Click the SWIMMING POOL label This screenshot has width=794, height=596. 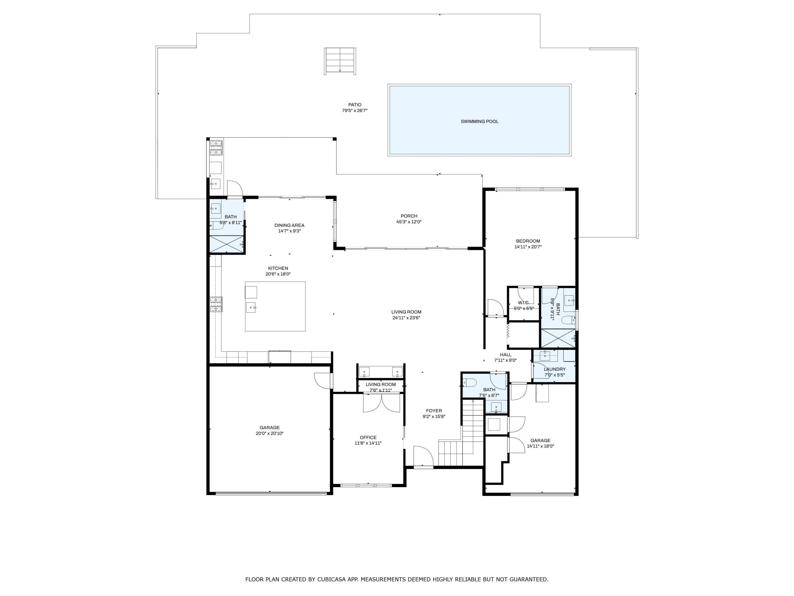coord(479,121)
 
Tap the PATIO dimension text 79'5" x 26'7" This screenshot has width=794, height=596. coord(354,111)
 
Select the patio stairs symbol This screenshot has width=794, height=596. coord(340,61)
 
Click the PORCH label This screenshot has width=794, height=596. coord(409,216)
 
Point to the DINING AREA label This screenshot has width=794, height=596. coord(289,225)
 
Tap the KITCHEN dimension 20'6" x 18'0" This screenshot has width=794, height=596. coord(278,274)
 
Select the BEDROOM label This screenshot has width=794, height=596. coord(528,241)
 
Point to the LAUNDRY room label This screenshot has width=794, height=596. coord(554,369)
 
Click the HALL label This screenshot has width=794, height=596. coord(506,355)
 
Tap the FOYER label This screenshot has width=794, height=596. coord(434,411)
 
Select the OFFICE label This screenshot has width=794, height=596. coord(368,437)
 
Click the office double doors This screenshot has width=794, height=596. coord(381,403)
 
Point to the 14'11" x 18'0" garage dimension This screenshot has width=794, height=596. coord(540,446)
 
